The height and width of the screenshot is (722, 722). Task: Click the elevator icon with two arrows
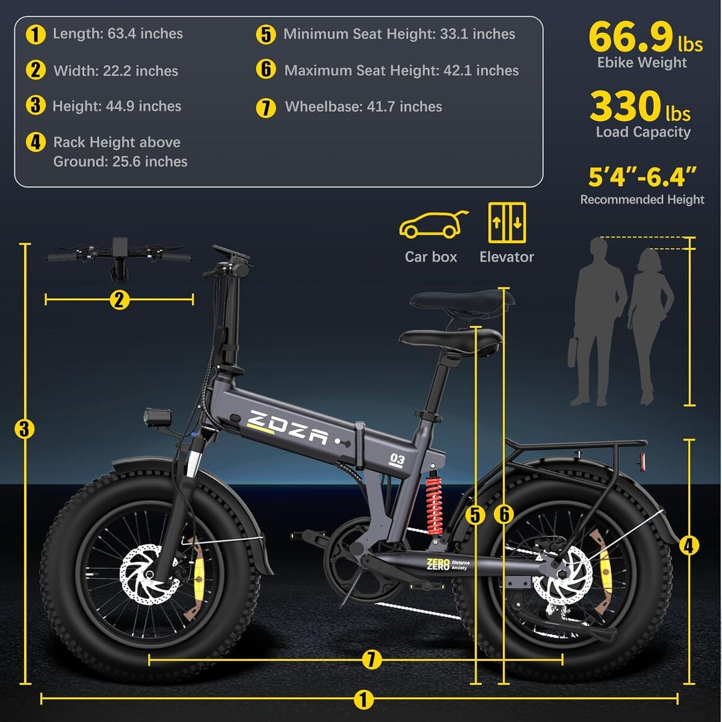[x=507, y=222]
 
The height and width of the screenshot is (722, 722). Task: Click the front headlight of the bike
[x=157, y=417]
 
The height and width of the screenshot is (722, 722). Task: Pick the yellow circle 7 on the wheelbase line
[x=372, y=659]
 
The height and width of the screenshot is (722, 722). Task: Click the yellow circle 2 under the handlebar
[x=119, y=299]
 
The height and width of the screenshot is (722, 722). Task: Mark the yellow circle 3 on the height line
[x=24, y=429]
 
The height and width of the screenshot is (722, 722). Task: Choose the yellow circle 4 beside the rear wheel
[x=689, y=545]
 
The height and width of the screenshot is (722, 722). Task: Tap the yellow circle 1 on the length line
[x=363, y=699]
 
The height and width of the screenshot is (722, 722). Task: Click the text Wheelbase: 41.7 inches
[x=363, y=107]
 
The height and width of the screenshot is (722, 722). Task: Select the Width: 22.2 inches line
[x=116, y=71]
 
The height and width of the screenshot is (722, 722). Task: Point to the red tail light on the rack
[x=643, y=460]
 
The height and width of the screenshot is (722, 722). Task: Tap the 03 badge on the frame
[x=398, y=460]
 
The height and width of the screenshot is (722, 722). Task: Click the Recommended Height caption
[x=642, y=200]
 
